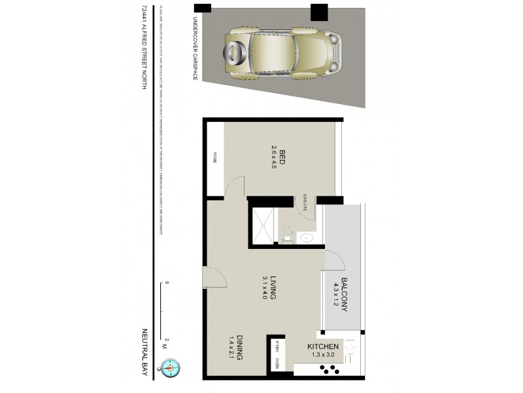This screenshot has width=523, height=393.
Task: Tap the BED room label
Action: coord(282,156)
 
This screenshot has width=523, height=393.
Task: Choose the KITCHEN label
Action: coord(323,346)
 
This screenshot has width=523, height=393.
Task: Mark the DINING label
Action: coord(239,348)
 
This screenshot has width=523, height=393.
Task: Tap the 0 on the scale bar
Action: coord(167,283)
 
